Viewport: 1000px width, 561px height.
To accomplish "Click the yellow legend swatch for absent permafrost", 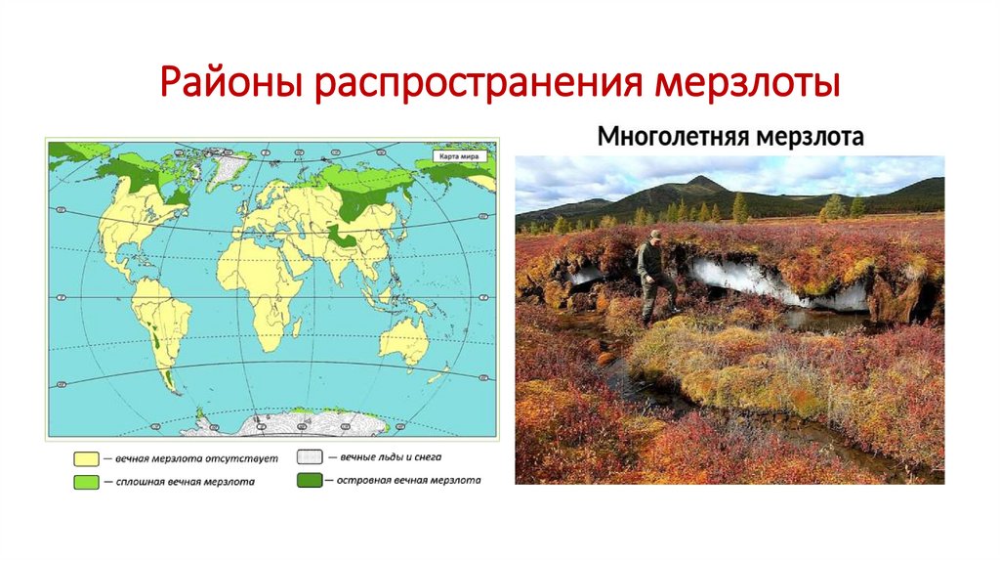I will point(86,457).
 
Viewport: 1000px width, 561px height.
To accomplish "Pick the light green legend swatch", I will point(86,481).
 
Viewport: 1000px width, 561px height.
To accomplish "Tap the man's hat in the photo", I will point(654,235).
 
